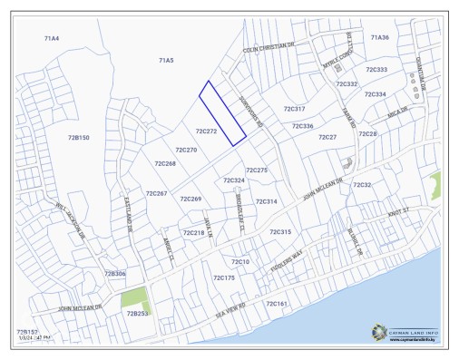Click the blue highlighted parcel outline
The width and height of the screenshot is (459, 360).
coord(223,112)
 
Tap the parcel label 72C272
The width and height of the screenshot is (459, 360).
coord(206,131)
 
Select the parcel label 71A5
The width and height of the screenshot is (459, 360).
coord(166,60)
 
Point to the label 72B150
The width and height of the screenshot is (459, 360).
coord(79,137)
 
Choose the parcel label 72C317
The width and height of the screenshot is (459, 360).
coord(294,109)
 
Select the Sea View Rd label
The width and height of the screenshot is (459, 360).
coord(230,307)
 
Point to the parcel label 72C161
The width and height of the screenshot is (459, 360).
coord(276,304)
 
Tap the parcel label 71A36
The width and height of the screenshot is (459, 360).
coord(379,37)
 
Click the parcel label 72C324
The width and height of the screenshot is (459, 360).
coord(233,180)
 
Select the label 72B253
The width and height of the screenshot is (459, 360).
coord(137,313)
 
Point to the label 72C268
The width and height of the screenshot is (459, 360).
coord(165,164)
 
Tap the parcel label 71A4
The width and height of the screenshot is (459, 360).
coord(52,39)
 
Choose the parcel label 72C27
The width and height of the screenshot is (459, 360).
coord(327,137)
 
